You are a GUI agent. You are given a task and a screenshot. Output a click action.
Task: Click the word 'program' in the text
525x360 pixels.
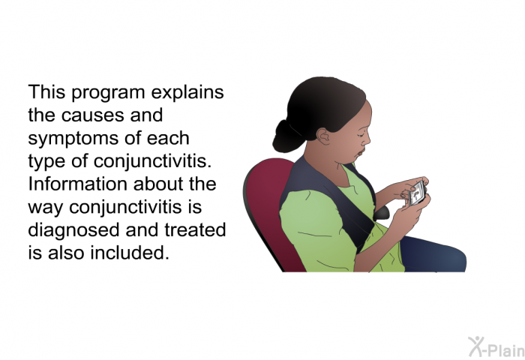point(108,94)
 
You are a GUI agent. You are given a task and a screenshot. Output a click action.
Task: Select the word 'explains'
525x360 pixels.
point(187,92)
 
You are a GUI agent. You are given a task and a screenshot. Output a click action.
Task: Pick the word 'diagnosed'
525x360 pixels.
point(73,230)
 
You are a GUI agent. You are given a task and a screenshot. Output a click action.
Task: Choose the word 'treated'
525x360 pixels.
point(195,229)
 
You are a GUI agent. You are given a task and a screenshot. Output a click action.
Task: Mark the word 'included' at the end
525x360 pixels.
point(130,253)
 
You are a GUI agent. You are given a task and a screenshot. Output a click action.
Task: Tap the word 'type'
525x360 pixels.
point(46,162)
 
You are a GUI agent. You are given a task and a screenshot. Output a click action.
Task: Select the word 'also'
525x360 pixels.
point(66,253)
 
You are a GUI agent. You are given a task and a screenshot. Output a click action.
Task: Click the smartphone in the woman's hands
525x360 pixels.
point(417,193)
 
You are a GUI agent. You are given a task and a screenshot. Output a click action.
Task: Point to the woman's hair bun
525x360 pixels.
point(286,137)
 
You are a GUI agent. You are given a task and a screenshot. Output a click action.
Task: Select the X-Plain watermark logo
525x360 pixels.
point(496,346)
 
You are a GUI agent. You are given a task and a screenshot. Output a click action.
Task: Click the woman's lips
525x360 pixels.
point(361,153)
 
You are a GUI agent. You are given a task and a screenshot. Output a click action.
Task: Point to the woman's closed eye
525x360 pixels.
point(361,134)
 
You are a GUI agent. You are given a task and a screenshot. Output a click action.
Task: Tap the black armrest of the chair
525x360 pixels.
point(381,213)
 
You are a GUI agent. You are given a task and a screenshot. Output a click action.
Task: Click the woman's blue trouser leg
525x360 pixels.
point(433,254)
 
